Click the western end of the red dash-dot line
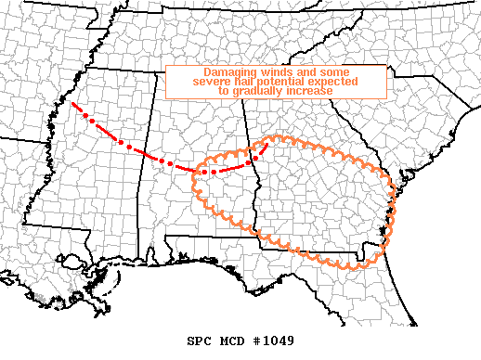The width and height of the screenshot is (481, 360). (x=72, y=105)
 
